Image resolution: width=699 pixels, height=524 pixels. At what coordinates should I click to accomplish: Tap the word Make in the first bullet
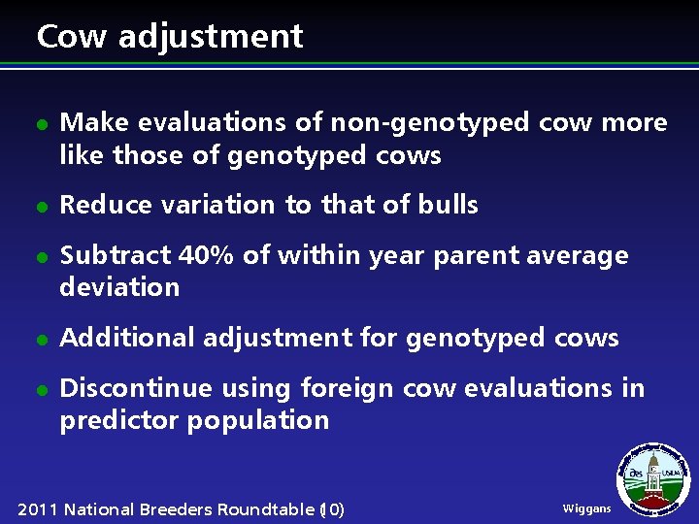click(x=94, y=123)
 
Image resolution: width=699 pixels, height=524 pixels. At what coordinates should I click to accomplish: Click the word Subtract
click(x=115, y=255)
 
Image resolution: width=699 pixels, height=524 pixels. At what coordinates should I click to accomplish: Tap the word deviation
click(x=119, y=287)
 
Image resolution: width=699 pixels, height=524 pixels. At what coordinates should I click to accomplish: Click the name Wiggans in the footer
click(x=586, y=508)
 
